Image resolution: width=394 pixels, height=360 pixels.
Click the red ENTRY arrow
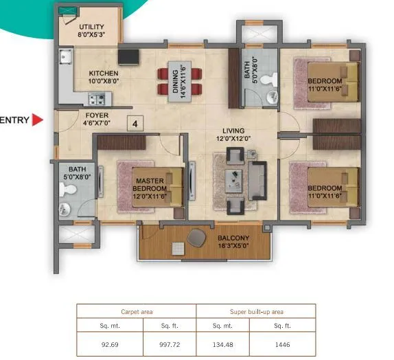coord(38,121)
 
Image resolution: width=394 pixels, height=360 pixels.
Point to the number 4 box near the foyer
coord(135,124)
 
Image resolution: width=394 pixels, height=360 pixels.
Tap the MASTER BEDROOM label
coord(149,184)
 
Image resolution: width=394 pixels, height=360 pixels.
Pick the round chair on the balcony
coord(196,237)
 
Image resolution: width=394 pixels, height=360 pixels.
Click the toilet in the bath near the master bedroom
coord(67,209)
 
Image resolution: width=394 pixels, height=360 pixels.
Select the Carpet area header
coord(136,311)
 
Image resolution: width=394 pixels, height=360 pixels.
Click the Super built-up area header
coord(255,311)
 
